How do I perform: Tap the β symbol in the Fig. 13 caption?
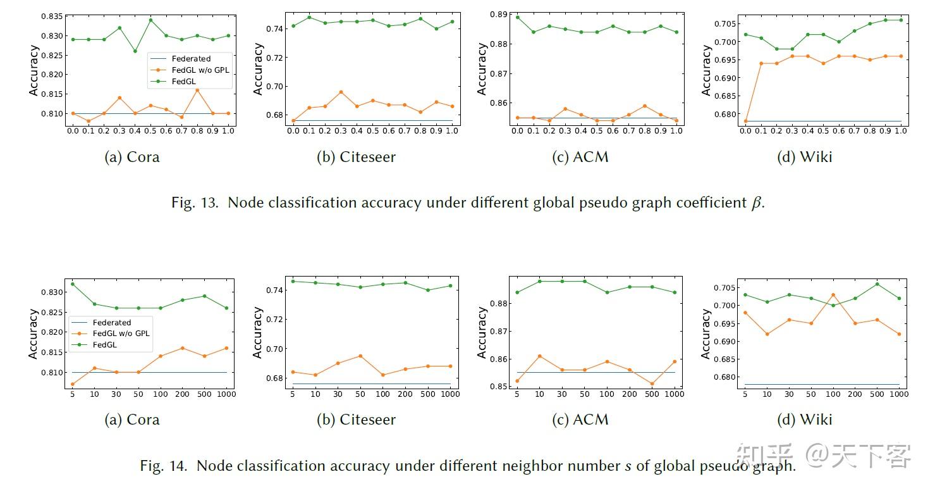click(x=757, y=203)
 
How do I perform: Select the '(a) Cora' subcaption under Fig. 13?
click(x=132, y=157)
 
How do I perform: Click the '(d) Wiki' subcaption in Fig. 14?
click(x=804, y=420)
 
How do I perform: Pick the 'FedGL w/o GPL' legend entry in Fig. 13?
click(x=200, y=70)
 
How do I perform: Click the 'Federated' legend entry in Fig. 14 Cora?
click(x=112, y=322)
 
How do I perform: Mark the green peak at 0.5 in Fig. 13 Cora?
click(x=150, y=20)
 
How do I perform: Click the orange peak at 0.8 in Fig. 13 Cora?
click(x=197, y=90)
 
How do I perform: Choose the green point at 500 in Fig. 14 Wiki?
click(x=876, y=284)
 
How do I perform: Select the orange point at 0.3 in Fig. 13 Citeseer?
click(x=341, y=92)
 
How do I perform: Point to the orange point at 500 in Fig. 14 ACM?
click(x=652, y=384)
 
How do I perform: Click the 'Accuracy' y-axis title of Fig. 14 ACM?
click(x=482, y=333)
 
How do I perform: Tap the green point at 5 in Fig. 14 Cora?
click(x=73, y=284)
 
